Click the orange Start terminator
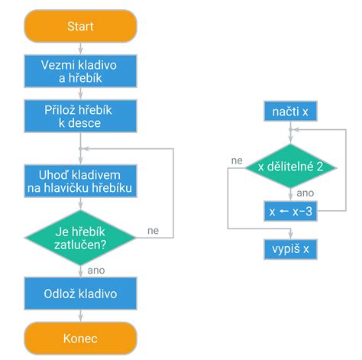[80, 26]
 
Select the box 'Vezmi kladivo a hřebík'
[80, 70]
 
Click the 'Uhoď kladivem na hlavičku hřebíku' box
[80, 180]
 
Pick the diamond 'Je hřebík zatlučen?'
[80, 238]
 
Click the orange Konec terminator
[80, 337]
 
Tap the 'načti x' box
[289, 113]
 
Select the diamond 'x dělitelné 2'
[289, 166]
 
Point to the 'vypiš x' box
[289, 250]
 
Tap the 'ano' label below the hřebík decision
[96, 270]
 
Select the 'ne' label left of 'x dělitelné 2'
[237, 161]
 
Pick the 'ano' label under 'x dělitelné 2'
[304, 193]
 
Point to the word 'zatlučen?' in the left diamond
[80, 245]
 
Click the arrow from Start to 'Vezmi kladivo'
[80, 47]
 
